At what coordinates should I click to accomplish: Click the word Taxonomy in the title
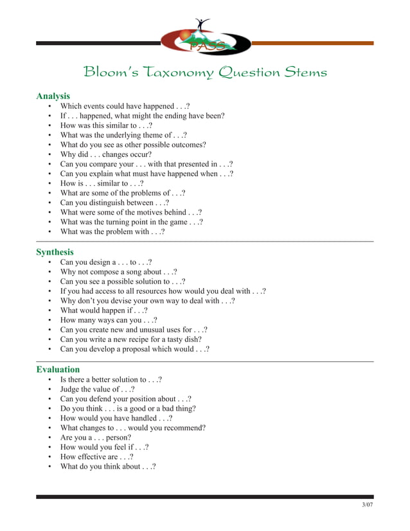coord(175,72)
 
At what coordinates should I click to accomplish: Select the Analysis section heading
coord(53,96)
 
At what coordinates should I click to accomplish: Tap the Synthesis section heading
coord(55,252)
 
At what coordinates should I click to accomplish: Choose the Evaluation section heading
coord(58,370)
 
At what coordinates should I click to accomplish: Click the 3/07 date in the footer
coord(367,505)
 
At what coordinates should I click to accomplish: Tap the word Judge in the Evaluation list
coord(71,390)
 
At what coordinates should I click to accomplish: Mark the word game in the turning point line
coord(185,222)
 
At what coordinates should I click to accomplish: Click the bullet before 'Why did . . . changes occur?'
coord(50,155)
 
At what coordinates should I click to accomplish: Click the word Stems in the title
coord(303,72)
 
